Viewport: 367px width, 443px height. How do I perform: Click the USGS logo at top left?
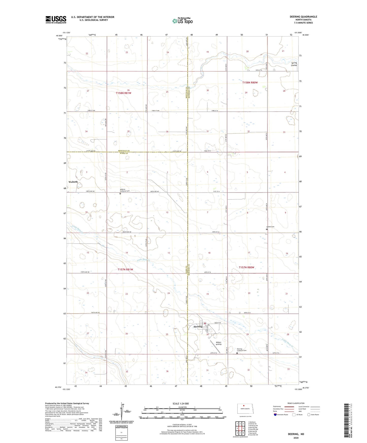[x=56, y=20]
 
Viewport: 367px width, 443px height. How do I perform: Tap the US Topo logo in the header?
[x=182, y=21]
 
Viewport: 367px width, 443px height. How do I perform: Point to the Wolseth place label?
[x=73, y=182]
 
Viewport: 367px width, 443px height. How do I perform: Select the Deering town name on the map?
[x=198, y=327]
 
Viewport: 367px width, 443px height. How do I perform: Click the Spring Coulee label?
[x=294, y=64]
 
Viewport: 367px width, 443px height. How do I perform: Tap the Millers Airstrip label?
[x=218, y=343]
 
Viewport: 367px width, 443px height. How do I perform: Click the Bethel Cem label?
[x=270, y=227]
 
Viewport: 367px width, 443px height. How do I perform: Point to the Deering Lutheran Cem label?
[x=242, y=350]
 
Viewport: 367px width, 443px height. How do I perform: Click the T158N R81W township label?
[x=123, y=93]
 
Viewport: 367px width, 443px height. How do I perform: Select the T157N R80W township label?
[x=246, y=267]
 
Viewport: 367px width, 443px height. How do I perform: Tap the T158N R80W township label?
[x=250, y=83]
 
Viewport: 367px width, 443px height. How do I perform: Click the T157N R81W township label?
[x=125, y=269]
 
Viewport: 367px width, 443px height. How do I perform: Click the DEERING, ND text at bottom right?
[x=296, y=434]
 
